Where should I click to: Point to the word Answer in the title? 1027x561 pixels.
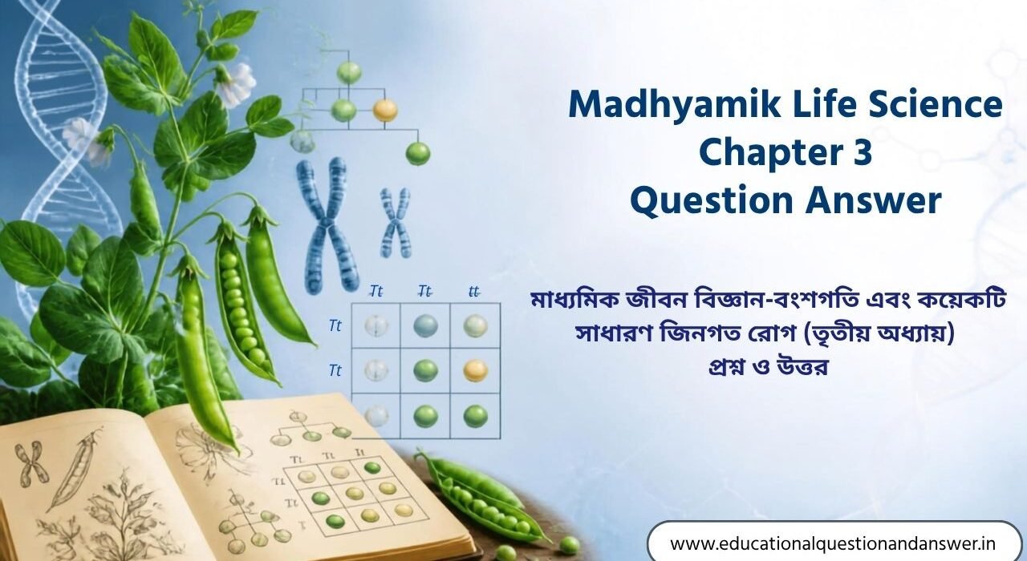point(874,201)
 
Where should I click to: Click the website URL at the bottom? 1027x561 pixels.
point(833,543)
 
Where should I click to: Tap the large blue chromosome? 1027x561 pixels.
point(326,225)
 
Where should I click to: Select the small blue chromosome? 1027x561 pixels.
point(396,223)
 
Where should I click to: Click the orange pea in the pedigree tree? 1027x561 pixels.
point(384,111)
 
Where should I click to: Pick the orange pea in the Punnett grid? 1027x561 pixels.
point(476,370)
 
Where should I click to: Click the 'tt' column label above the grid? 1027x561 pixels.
point(474,291)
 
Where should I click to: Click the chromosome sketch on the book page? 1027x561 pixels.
point(31,464)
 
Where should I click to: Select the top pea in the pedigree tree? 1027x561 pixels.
point(349,73)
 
